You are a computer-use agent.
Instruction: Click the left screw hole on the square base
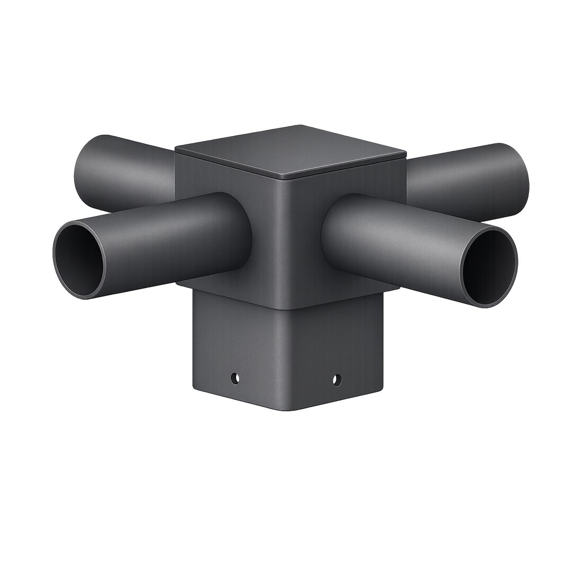pos(234,378)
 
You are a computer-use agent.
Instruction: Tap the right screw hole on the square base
pos(336,379)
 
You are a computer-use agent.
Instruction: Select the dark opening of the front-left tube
pos(80,261)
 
